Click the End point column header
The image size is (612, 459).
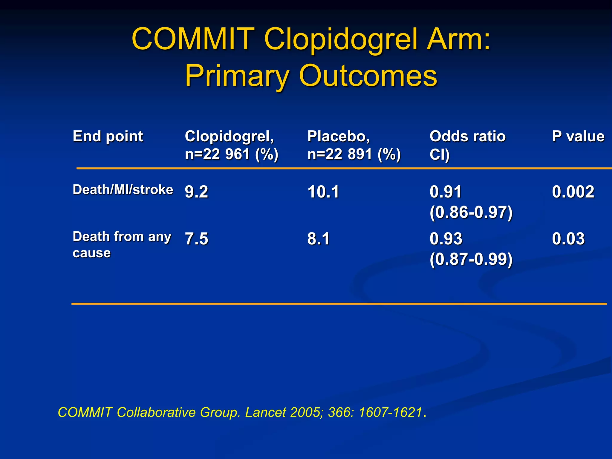(x=108, y=137)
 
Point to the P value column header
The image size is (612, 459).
(x=578, y=137)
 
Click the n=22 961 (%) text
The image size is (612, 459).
(x=232, y=154)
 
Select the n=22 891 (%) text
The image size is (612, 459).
(x=354, y=154)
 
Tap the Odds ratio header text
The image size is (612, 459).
(x=467, y=137)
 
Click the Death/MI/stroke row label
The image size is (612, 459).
(x=123, y=190)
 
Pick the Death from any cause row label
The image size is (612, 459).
(x=122, y=244)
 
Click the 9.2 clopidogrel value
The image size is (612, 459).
(x=196, y=192)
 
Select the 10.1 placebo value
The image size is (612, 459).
(x=323, y=192)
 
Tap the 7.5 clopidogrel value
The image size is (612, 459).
(x=196, y=239)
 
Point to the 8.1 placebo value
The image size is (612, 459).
(x=318, y=239)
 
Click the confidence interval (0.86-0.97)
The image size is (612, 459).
(x=471, y=212)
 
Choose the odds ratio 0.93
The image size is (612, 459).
(x=446, y=239)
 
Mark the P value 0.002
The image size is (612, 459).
(x=573, y=192)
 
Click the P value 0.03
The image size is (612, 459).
(x=568, y=239)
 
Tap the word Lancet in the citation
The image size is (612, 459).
(x=265, y=412)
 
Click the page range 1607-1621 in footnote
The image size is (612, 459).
(x=390, y=412)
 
